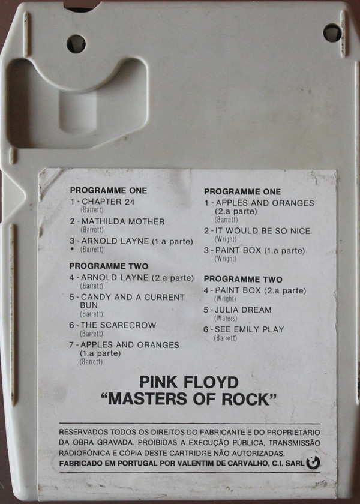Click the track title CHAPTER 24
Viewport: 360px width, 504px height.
coord(108,202)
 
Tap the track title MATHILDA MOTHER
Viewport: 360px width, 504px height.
coord(123,221)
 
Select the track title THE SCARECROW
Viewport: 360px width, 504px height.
coord(118,325)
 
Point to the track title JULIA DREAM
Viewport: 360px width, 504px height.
coord(244,310)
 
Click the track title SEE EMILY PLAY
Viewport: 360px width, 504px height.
coord(250,329)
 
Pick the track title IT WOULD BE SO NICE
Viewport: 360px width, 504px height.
coord(263,231)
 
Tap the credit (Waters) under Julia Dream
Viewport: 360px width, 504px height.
coord(226,319)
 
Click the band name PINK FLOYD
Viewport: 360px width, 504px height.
coord(189,382)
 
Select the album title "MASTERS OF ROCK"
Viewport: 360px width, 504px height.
coord(189,399)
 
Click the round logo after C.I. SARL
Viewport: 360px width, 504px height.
coord(313,463)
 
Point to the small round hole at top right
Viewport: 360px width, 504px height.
coord(332,33)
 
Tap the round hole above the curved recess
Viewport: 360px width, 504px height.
coord(76,44)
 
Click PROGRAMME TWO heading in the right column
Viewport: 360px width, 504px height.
coord(243,280)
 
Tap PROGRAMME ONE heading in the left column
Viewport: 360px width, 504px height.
coord(109,191)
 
